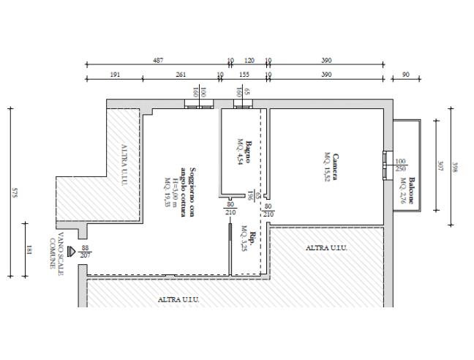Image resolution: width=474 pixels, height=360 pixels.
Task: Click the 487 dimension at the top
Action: click(x=158, y=61)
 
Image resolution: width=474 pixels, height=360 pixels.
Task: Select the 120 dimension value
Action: click(x=249, y=61)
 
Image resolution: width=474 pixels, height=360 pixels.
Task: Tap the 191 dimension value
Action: click(x=115, y=75)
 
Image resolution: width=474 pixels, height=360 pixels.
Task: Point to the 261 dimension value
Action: click(x=181, y=75)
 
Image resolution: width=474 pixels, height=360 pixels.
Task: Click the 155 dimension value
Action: click(x=244, y=75)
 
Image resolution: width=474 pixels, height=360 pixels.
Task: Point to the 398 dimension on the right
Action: click(x=456, y=166)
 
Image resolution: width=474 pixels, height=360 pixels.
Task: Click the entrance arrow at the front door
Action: click(x=71, y=251)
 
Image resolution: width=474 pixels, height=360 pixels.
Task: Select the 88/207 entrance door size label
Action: click(x=86, y=252)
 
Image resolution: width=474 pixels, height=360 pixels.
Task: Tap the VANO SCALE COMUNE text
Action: click(x=57, y=251)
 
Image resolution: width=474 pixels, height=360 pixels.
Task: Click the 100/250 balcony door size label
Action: click(x=400, y=165)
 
